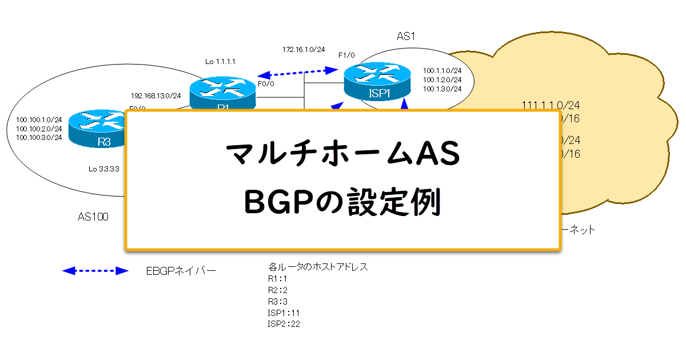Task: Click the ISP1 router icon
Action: pyautogui.click(x=377, y=82)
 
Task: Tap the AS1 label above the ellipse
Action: pyautogui.click(x=405, y=37)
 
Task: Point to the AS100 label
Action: pyautogui.click(x=93, y=217)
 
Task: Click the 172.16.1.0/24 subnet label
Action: pyautogui.click(x=304, y=50)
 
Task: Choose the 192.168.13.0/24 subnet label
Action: pyautogui.click(x=156, y=95)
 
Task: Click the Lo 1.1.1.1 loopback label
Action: pyautogui.click(x=221, y=61)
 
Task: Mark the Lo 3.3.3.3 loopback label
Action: pyautogui.click(x=104, y=169)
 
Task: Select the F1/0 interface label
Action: pyautogui.click(x=346, y=55)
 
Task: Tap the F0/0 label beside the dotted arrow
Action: pyautogui.click(x=266, y=83)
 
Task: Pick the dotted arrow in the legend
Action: pyautogui.click(x=95, y=271)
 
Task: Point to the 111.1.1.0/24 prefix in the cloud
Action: pyautogui.click(x=551, y=105)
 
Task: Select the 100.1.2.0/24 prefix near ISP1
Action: pyautogui.click(x=442, y=79)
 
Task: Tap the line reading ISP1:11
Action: pyautogui.click(x=284, y=313)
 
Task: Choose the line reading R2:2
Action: pyautogui.click(x=278, y=290)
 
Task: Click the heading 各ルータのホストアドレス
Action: pyautogui.click(x=318, y=267)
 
